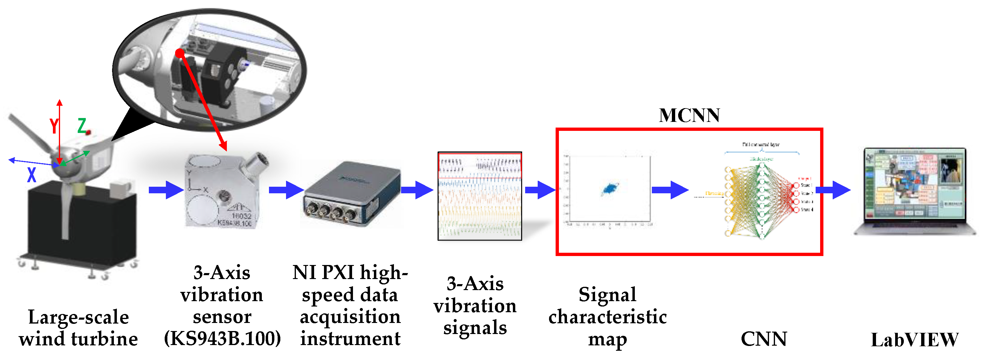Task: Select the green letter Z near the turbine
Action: (x=82, y=125)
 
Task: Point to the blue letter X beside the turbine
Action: (x=32, y=174)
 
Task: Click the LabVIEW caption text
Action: (x=915, y=339)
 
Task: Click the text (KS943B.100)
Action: (x=222, y=338)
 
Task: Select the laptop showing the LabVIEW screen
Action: (x=915, y=191)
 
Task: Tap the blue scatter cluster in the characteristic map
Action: (x=609, y=188)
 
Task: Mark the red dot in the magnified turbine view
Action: (x=180, y=53)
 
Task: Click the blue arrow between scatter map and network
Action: (x=670, y=190)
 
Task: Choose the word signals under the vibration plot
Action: (x=475, y=328)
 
